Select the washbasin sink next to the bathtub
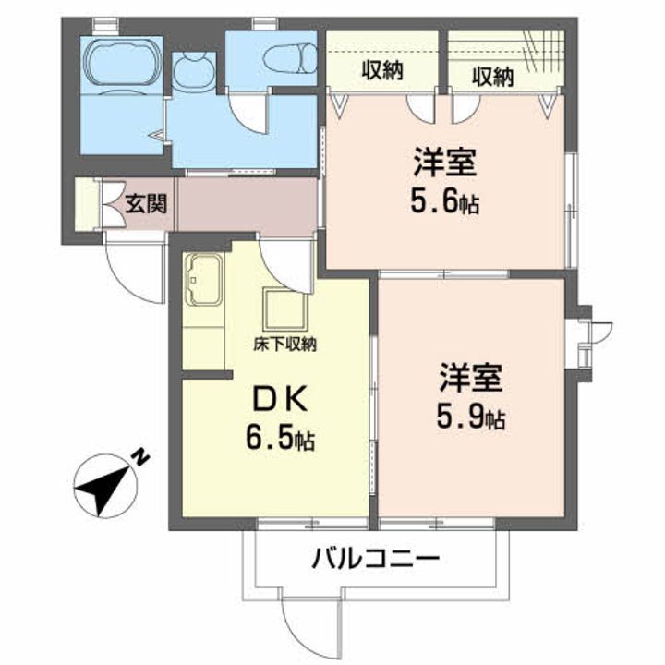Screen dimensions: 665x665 (x=193, y=71)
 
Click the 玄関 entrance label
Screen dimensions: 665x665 (x=146, y=203)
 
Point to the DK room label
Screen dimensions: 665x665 (x=280, y=400)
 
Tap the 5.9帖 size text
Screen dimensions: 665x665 (x=471, y=417)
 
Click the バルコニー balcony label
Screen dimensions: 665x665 (x=375, y=559)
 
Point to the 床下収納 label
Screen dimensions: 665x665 (x=285, y=345)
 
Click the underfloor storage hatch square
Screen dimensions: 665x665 (x=285, y=308)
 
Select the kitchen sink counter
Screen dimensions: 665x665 (x=203, y=280)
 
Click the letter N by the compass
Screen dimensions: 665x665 (x=140, y=458)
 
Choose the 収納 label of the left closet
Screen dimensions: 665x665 (x=382, y=70)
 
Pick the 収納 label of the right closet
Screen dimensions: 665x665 (x=493, y=78)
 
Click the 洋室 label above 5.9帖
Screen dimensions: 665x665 (x=471, y=378)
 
